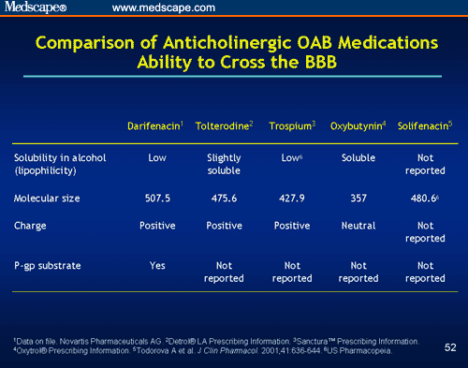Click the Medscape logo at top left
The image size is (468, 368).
[x=35, y=8]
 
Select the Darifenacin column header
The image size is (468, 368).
[x=156, y=125]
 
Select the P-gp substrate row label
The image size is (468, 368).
[x=48, y=266]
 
